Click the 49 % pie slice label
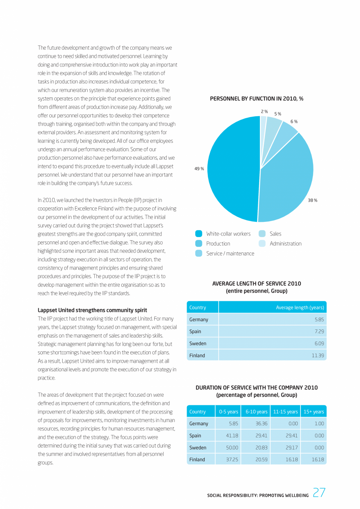coord(199,169)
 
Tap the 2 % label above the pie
coord(265,112)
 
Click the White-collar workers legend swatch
coord(199,234)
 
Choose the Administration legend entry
coord(285,243)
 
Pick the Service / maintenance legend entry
coord(230,254)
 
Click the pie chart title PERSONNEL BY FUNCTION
coord(256,99)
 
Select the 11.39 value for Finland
coord(318,355)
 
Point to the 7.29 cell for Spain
coord(319,331)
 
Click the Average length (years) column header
coord(300,308)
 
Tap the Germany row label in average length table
coord(199,320)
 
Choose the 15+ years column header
coord(313,412)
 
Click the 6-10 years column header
coord(256,412)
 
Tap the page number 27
coord(319,493)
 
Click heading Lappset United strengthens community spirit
coord(92,310)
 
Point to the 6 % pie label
coord(294,122)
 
